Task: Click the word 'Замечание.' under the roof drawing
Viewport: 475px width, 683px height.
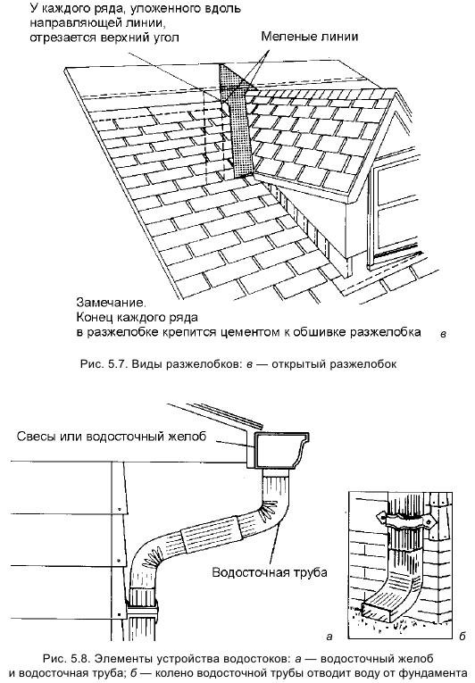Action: [104, 302]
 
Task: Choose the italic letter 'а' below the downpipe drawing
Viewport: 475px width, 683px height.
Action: [329, 635]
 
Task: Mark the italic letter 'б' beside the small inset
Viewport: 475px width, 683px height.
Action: [461, 635]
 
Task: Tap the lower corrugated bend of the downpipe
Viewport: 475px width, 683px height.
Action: [153, 563]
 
